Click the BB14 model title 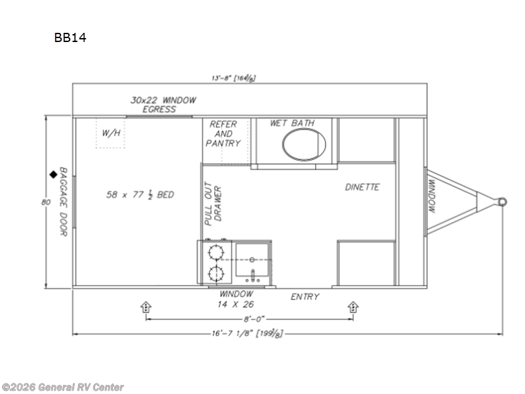70,37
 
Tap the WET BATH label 292,123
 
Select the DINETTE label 362,187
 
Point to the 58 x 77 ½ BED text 140,194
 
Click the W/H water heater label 111,133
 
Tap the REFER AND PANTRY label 224,133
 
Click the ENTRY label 304,297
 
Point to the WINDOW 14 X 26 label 236,299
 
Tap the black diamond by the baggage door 52,175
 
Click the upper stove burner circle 215,252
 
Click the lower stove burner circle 215,274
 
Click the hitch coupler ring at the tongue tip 502,201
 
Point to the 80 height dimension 45,202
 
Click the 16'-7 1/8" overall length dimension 244,333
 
